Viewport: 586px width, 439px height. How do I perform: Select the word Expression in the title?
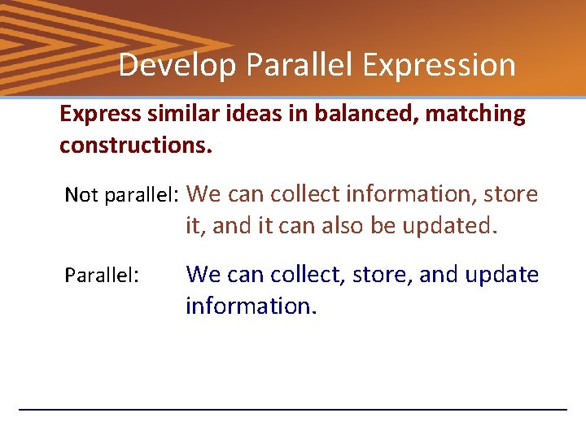point(439,65)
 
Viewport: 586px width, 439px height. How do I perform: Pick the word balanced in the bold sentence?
point(316,114)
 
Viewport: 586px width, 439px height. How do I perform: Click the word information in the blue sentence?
point(251,306)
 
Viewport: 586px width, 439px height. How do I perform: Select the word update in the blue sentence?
point(501,275)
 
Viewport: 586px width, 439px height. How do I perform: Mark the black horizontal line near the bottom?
point(293,409)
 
